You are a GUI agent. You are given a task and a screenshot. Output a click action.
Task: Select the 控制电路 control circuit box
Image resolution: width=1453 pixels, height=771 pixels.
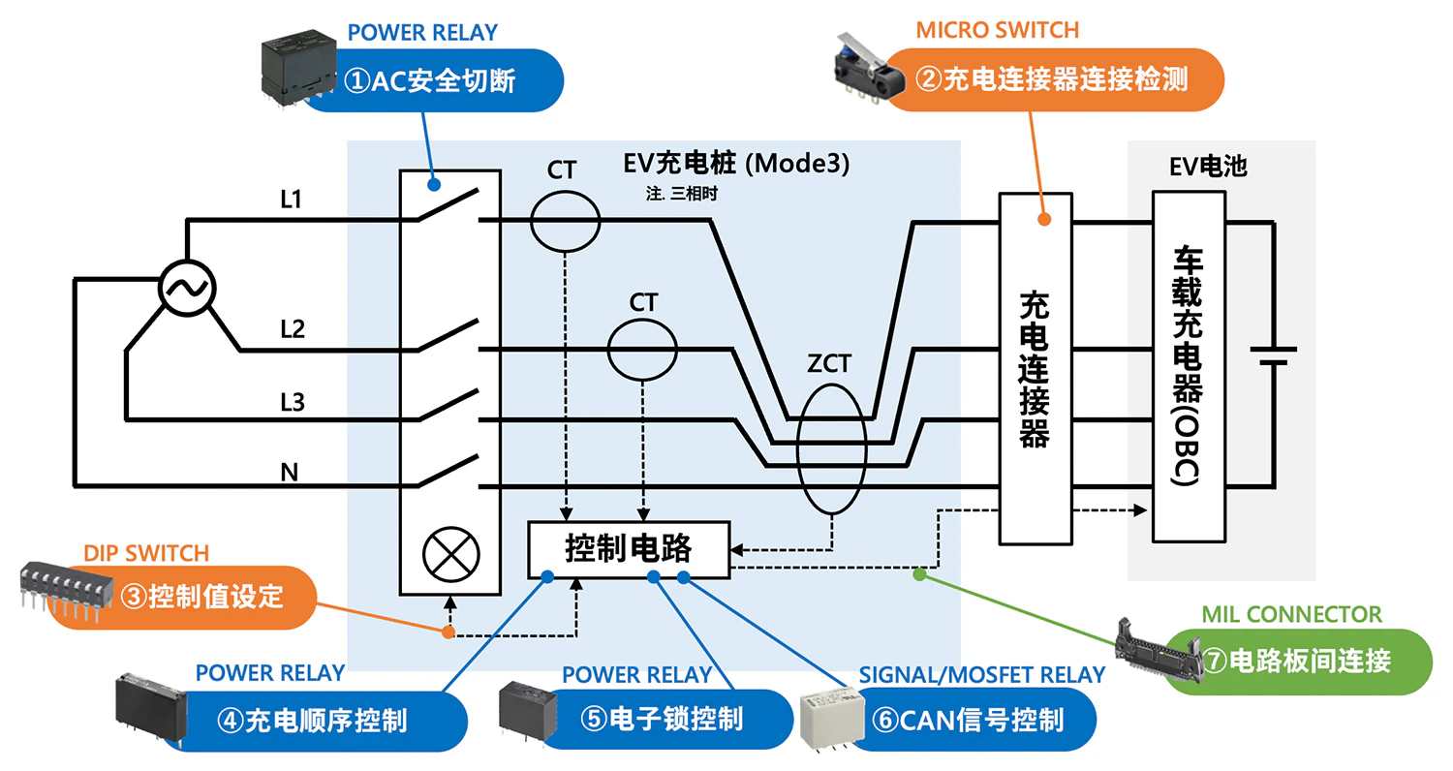point(628,549)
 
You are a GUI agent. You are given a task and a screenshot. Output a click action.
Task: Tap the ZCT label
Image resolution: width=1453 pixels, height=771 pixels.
point(828,364)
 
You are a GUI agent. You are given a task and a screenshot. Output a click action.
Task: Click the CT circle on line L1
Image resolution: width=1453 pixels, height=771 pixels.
point(565,221)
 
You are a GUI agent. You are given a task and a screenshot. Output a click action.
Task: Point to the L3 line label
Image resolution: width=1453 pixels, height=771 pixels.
point(292,401)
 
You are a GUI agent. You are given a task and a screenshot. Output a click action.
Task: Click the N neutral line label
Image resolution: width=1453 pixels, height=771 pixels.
point(289,472)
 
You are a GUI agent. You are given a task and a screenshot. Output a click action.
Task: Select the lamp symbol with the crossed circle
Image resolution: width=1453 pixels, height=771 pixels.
point(451,555)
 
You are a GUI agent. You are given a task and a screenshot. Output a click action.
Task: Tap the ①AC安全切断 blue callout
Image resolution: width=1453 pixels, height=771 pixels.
point(431,80)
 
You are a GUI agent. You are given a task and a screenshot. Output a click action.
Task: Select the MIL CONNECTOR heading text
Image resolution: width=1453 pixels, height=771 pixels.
point(1291,614)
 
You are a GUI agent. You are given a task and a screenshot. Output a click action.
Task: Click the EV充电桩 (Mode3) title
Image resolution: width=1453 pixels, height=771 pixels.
point(737,164)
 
